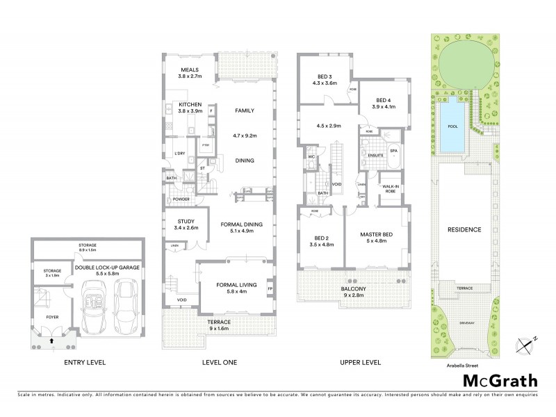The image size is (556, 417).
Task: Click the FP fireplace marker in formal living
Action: point(270,287)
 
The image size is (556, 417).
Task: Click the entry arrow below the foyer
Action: point(54,341)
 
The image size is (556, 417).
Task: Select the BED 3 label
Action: point(325,79)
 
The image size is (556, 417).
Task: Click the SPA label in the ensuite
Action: point(393,151)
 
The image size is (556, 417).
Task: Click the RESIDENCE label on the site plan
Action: point(465,229)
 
